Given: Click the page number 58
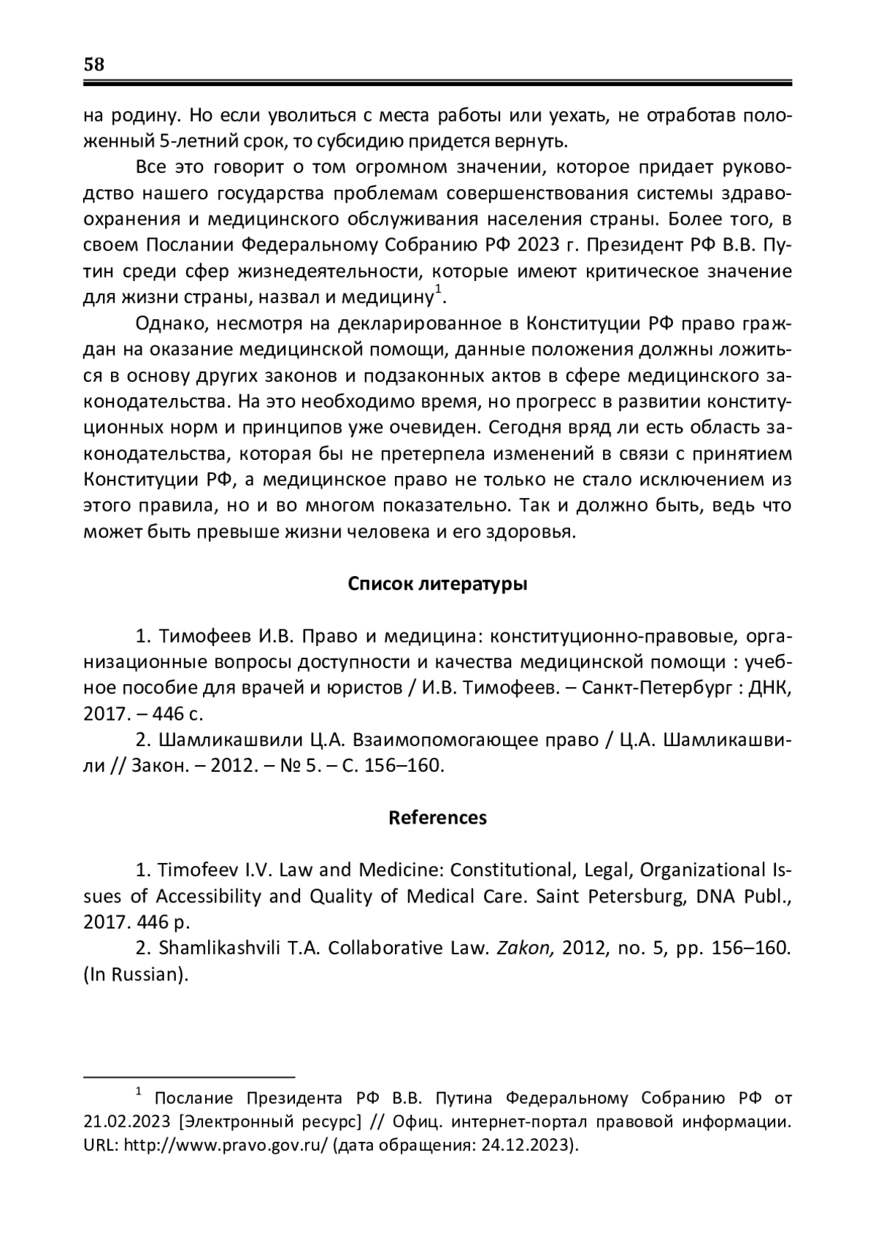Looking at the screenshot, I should click(x=94, y=64).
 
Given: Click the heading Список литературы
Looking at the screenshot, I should click(x=437, y=584).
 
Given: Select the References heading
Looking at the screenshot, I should click(x=437, y=817).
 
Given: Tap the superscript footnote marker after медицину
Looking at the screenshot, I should click(x=438, y=291).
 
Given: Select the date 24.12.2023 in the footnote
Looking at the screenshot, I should click(x=524, y=1146).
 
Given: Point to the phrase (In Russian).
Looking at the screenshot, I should click(x=136, y=975).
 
